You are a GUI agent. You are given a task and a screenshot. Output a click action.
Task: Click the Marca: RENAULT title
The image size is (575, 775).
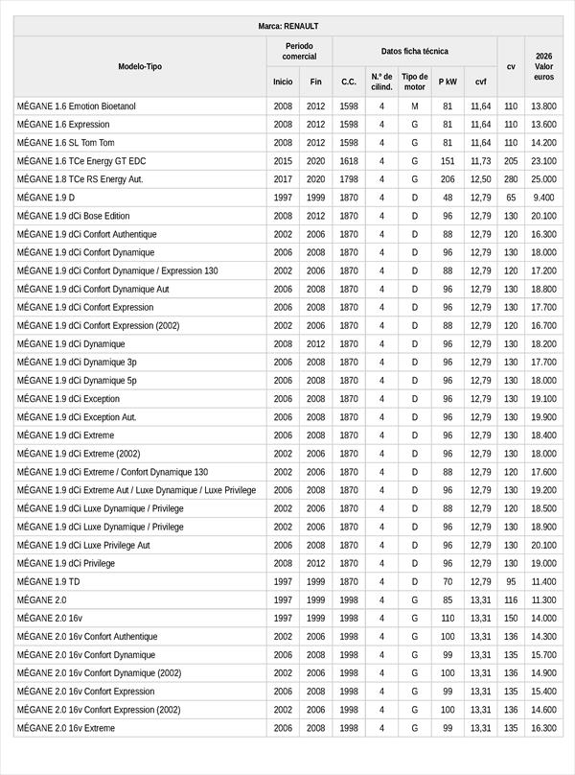pos(287,26)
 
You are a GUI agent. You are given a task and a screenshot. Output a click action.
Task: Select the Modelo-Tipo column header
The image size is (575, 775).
pos(140,66)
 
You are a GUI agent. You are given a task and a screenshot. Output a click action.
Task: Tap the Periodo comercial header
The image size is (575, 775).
pos(299,51)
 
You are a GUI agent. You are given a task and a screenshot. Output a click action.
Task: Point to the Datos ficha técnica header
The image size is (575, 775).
pos(414,51)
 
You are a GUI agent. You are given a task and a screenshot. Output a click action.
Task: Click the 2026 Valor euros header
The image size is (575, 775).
pos(543,66)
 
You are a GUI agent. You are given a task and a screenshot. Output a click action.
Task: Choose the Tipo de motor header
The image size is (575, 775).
pos(415,82)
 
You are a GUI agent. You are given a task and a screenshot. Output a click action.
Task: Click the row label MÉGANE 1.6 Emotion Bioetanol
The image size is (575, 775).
pos(77,106)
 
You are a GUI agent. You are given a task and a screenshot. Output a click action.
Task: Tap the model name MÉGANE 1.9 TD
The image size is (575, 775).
pos(49,582)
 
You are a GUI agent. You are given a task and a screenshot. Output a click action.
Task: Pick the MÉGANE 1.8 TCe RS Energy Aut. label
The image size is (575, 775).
pos(80,179)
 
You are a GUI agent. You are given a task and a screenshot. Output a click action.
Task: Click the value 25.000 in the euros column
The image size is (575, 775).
pos(543,179)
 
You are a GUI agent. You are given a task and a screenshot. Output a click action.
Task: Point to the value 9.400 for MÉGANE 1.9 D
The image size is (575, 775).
pos(543,198)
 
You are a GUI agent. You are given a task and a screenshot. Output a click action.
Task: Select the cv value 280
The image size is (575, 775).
pos(511,179)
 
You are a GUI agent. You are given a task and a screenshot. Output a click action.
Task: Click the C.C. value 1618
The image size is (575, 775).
pos(349,161)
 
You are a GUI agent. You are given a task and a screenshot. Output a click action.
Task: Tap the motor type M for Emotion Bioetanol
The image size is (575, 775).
pos(415,106)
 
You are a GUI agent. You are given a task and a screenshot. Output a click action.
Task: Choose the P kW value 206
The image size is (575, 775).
pos(448,179)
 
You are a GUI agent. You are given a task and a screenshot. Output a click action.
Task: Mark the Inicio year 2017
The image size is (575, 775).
pos(283,179)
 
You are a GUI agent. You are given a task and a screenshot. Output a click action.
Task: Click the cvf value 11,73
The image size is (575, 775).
pos(480,161)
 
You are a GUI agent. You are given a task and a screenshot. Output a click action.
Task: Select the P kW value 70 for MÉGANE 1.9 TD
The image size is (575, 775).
pos(448,582)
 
